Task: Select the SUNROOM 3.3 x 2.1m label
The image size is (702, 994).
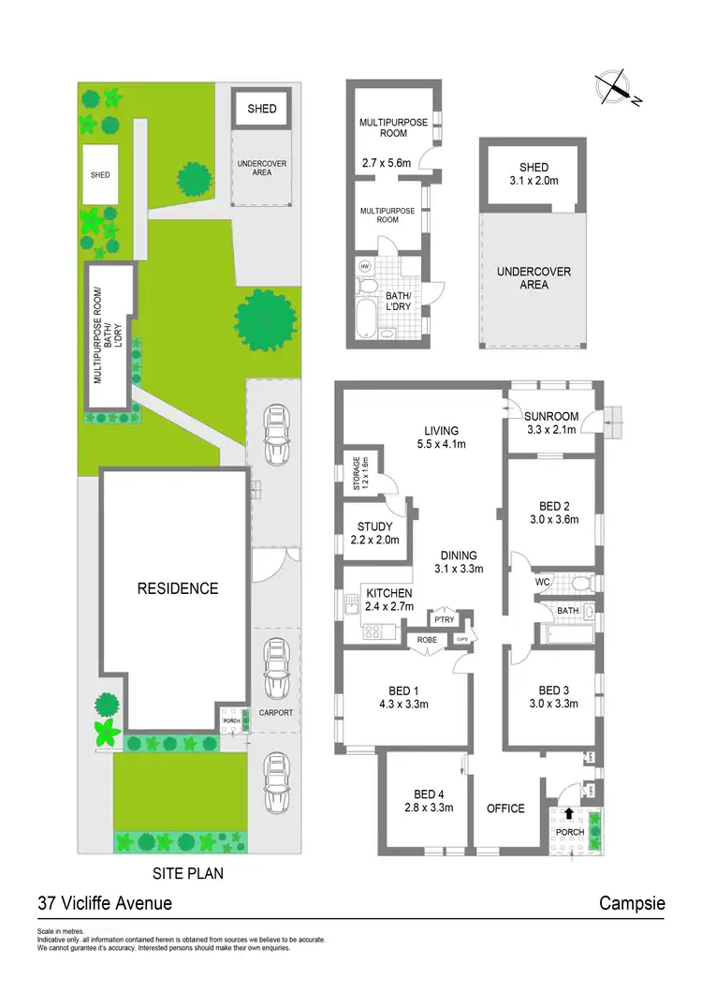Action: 551,423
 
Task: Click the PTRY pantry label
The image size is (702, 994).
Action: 443,619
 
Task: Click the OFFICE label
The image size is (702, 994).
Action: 505,809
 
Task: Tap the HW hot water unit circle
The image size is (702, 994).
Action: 365,266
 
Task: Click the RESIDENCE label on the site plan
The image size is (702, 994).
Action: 178,588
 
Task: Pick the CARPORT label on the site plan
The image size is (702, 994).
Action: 275,712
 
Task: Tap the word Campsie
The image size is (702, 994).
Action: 632,904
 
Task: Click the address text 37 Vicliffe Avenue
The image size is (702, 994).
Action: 105,904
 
